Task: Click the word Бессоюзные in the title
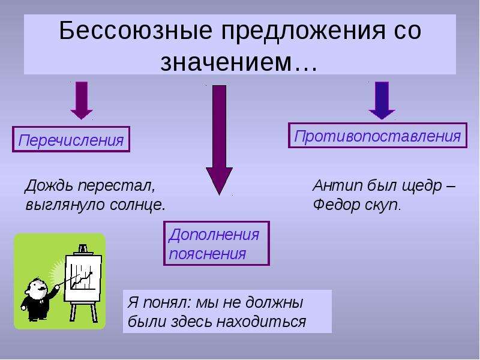click(136, 31)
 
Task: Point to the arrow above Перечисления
click(82, 100)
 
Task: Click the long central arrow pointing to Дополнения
click(219, 140)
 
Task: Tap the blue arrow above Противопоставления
click(382, 100)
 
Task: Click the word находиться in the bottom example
click(261, 322)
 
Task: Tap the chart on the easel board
click(81, 277)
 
